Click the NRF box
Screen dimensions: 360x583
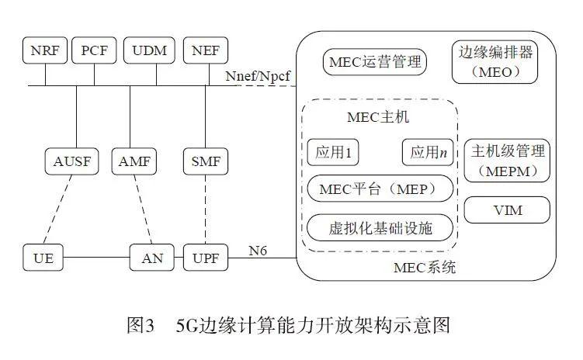point(44,50)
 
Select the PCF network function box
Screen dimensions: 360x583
point(95,50)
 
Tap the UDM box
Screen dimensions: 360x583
point(149,50)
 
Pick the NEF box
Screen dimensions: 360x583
point(205,50)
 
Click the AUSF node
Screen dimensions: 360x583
point(72,161)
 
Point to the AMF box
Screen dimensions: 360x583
point(135,161)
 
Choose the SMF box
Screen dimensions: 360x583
point(205,161)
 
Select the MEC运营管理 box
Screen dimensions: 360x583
point(375,61)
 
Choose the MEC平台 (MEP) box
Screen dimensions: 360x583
point(380,189)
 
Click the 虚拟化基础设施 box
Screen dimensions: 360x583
point(380,227)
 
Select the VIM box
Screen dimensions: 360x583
point(507,210)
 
